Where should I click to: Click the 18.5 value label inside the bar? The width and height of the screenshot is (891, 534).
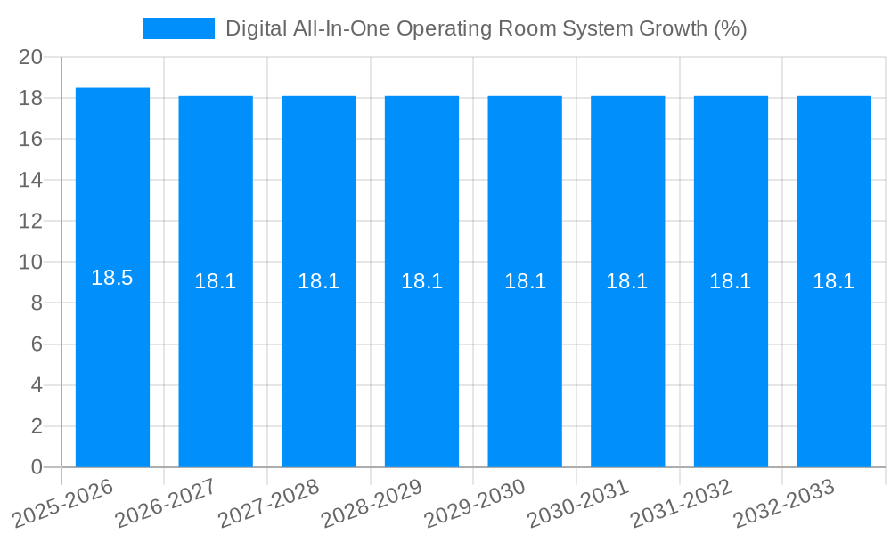point(112,278)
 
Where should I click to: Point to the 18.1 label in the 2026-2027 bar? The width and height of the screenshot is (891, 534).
point(215,281)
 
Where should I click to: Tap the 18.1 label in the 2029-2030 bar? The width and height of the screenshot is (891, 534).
point(525,281)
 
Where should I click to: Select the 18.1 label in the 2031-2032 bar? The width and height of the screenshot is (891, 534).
point(731,281)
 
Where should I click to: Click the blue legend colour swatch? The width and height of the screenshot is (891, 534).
point(179,28)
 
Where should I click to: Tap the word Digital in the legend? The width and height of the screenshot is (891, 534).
point(257,28)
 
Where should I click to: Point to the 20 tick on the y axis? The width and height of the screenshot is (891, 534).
point(31,57)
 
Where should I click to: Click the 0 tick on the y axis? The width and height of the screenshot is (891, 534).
point(37,467)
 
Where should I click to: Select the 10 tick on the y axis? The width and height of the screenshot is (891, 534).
point(31,263)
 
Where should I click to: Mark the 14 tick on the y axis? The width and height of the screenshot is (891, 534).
point(31,180)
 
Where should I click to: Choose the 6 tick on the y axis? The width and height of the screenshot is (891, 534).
point(37,344)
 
